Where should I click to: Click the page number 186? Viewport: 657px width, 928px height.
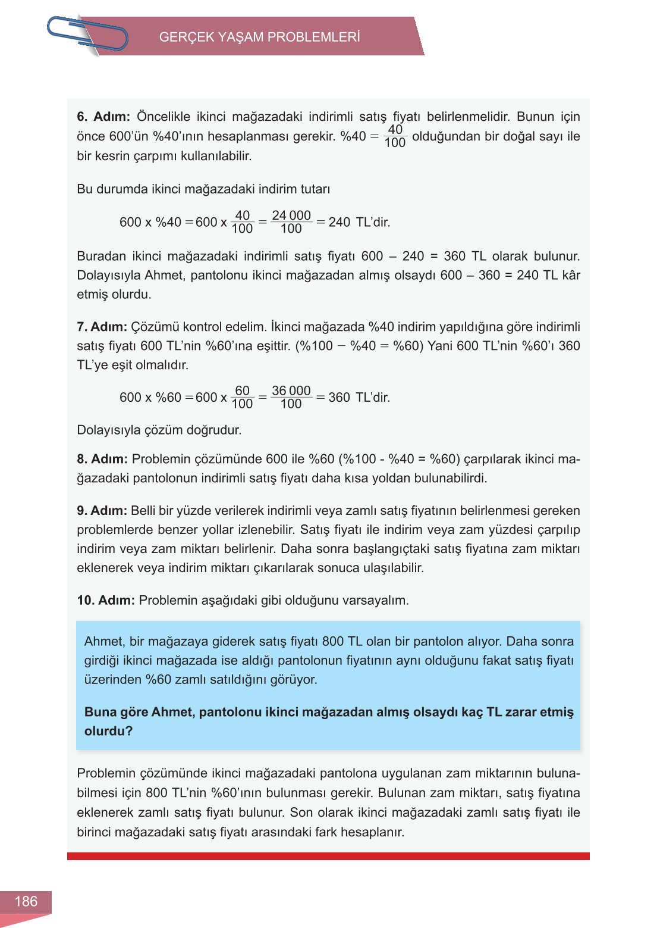pos(26,901)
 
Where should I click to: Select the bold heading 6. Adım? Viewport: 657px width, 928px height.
pos(103,117)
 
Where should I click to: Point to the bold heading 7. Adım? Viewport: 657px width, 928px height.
pos(102,327)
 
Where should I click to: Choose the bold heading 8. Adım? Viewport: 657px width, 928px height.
pos(102,459)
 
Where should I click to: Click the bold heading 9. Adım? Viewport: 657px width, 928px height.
pos(102,511)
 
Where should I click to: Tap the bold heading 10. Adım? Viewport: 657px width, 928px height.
pos(106,600)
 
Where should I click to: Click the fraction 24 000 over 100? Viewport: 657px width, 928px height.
pos(291,222)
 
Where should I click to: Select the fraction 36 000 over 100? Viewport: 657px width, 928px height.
pos(291,397)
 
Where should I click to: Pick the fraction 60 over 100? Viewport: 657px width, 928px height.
pos(242,397)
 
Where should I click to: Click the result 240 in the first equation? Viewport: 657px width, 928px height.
pos(339,223)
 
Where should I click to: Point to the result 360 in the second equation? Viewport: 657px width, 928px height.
pos(339,398)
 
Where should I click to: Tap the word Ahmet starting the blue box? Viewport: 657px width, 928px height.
pos(103,641)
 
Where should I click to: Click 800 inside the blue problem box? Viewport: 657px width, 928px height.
pos(333,641)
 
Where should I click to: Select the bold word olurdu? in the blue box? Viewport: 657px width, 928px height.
pos(108,731)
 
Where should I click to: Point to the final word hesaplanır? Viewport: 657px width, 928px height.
pos(372,832)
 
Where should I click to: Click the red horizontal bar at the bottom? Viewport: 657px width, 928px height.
pos(328,856)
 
